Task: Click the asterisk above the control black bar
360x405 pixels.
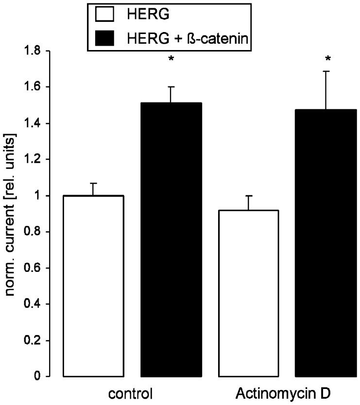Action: pyautogui.click(x=171, y=60)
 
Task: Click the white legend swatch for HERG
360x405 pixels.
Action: pyautogui.click(x=105, y=15)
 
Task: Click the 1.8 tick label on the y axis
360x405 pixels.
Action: pyautogui.click(x=34, y=51)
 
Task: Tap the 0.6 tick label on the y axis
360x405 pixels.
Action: pyautogui.click(x=34, y=268)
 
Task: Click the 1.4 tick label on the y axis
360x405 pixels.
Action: pyautogui.click(x=34, y=123)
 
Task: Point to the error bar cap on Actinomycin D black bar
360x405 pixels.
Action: pyautogui.click(x=326, y=71)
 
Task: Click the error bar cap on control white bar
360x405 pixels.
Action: pyautogui.click(x=93, y=183)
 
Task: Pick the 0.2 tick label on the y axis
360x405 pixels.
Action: pyautogui.click(x=34, y=340)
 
